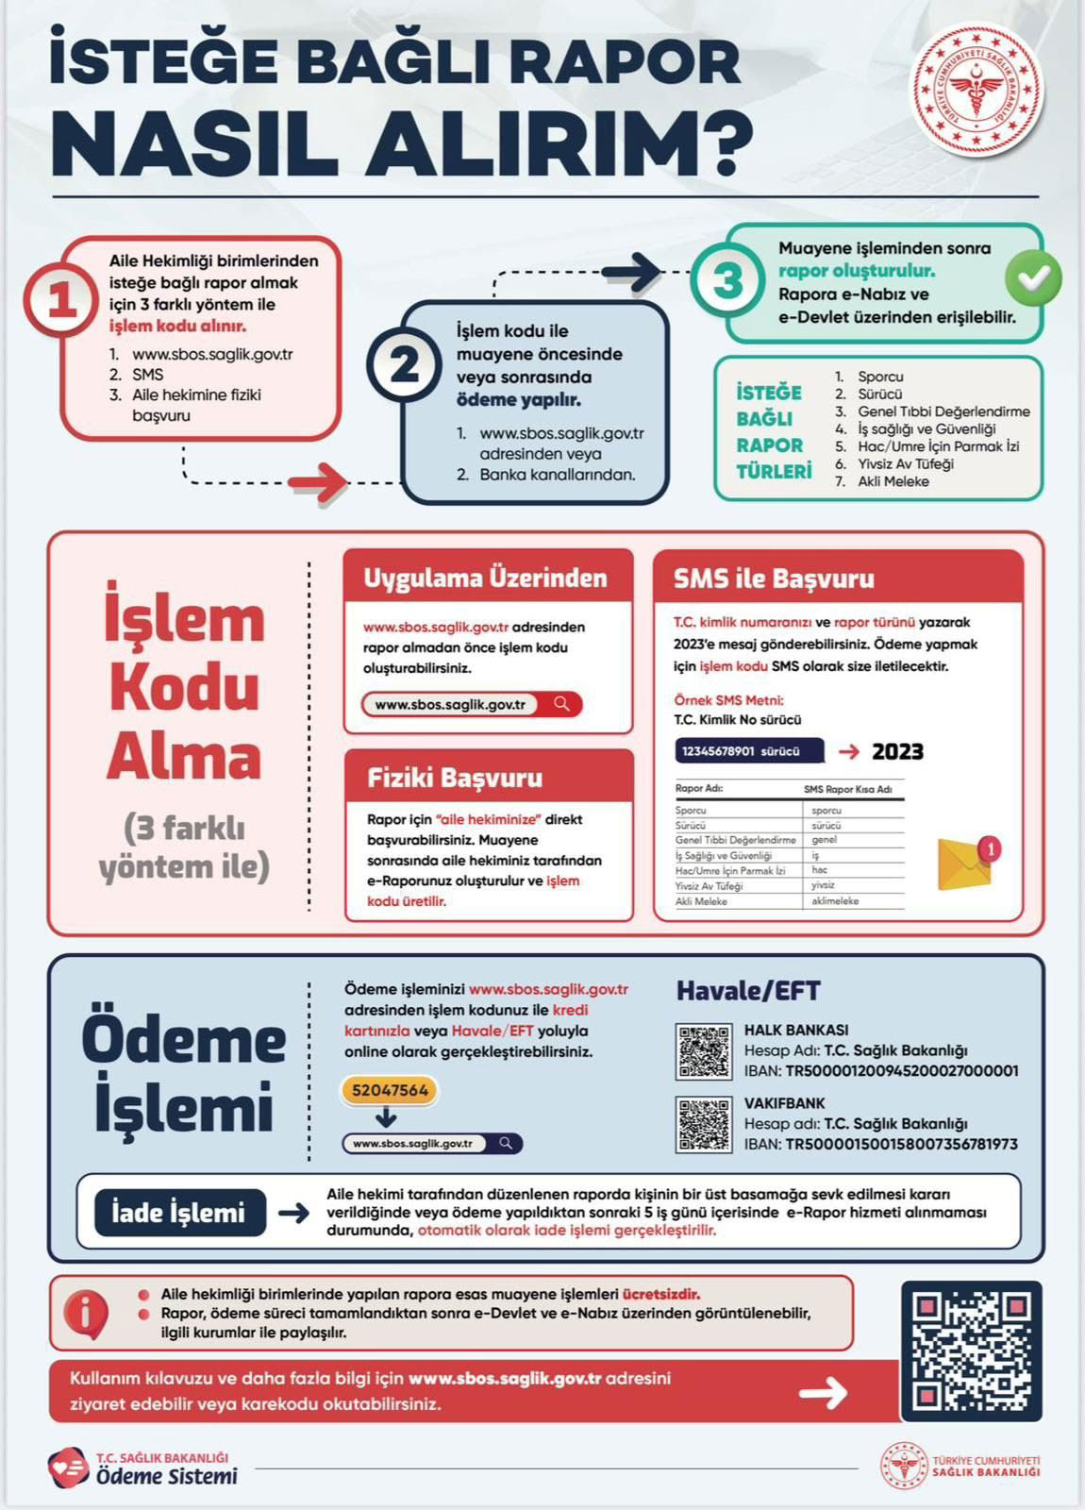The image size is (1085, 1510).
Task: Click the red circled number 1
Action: [61, 300]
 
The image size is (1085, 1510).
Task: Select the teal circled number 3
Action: [728, 281]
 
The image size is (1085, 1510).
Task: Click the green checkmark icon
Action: [1033, 278]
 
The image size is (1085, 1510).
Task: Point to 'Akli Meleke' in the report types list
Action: [893, 481]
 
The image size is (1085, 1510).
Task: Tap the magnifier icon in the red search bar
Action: [562, 704]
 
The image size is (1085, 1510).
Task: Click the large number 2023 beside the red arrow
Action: [897, 751]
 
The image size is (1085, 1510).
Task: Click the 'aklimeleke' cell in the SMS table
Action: [835, 901]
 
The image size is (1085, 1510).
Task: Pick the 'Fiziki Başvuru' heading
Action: [455, 778]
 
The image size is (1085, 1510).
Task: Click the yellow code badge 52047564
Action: [390, 1090]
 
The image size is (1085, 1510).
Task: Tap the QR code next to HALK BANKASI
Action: [704, 1051]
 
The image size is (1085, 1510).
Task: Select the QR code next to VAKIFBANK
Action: [704, 1124]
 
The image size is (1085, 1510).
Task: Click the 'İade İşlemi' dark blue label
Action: [178, 1213]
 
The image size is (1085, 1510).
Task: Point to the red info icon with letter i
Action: [86, 1313]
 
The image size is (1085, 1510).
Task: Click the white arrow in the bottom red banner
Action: [823, 1392]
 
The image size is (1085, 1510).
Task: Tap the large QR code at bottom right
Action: [971, 1351]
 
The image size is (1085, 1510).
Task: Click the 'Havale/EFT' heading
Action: [748, 991]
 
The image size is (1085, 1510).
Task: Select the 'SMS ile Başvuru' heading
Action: [774, 579]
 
